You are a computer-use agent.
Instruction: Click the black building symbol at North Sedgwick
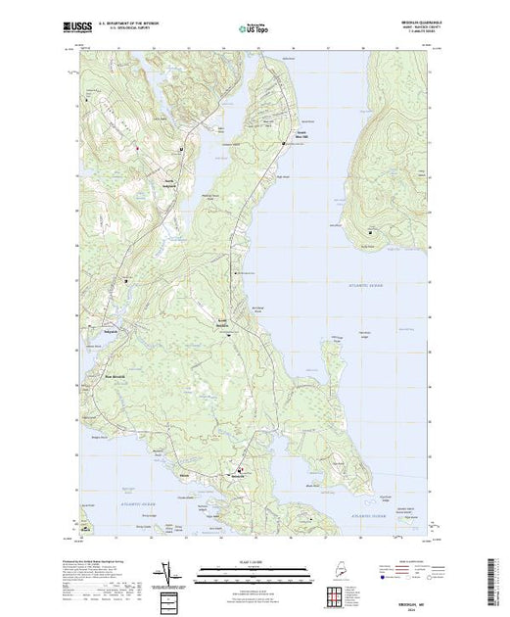pos(182,148)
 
